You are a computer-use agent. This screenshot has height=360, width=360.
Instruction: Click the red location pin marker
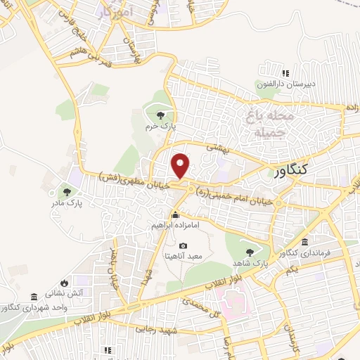(181, 166)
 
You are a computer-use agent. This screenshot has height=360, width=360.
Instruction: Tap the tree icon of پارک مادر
(67, 191)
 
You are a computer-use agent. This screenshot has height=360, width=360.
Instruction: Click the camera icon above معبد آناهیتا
(184, 245)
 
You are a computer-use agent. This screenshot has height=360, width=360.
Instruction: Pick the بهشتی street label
(219, 148)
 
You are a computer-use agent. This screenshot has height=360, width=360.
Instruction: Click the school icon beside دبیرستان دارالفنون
(285, 73)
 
